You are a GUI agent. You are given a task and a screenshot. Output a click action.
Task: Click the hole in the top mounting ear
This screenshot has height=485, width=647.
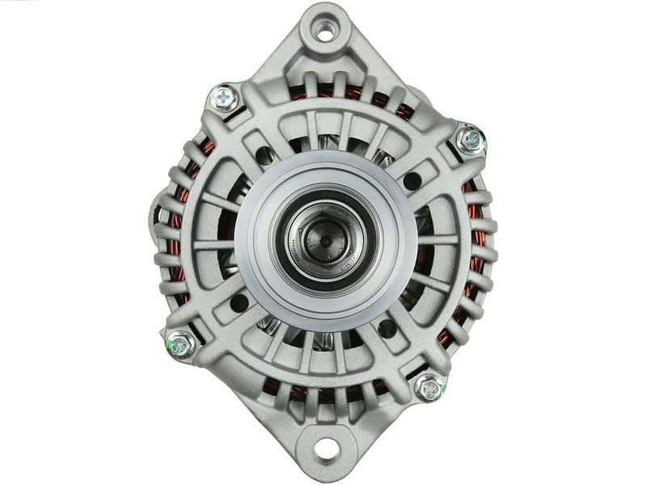click(x=325, y=32)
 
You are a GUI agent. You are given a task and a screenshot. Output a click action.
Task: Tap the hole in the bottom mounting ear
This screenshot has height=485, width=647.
click(x=325, y=447)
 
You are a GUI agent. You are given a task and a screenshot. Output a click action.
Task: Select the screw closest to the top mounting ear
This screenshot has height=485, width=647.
click(x=224, y=99)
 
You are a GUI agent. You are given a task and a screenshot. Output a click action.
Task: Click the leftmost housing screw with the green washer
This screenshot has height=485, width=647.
click(x=180, y=344)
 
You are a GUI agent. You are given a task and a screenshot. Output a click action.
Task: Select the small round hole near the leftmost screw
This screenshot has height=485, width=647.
click(x=239, y=304)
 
